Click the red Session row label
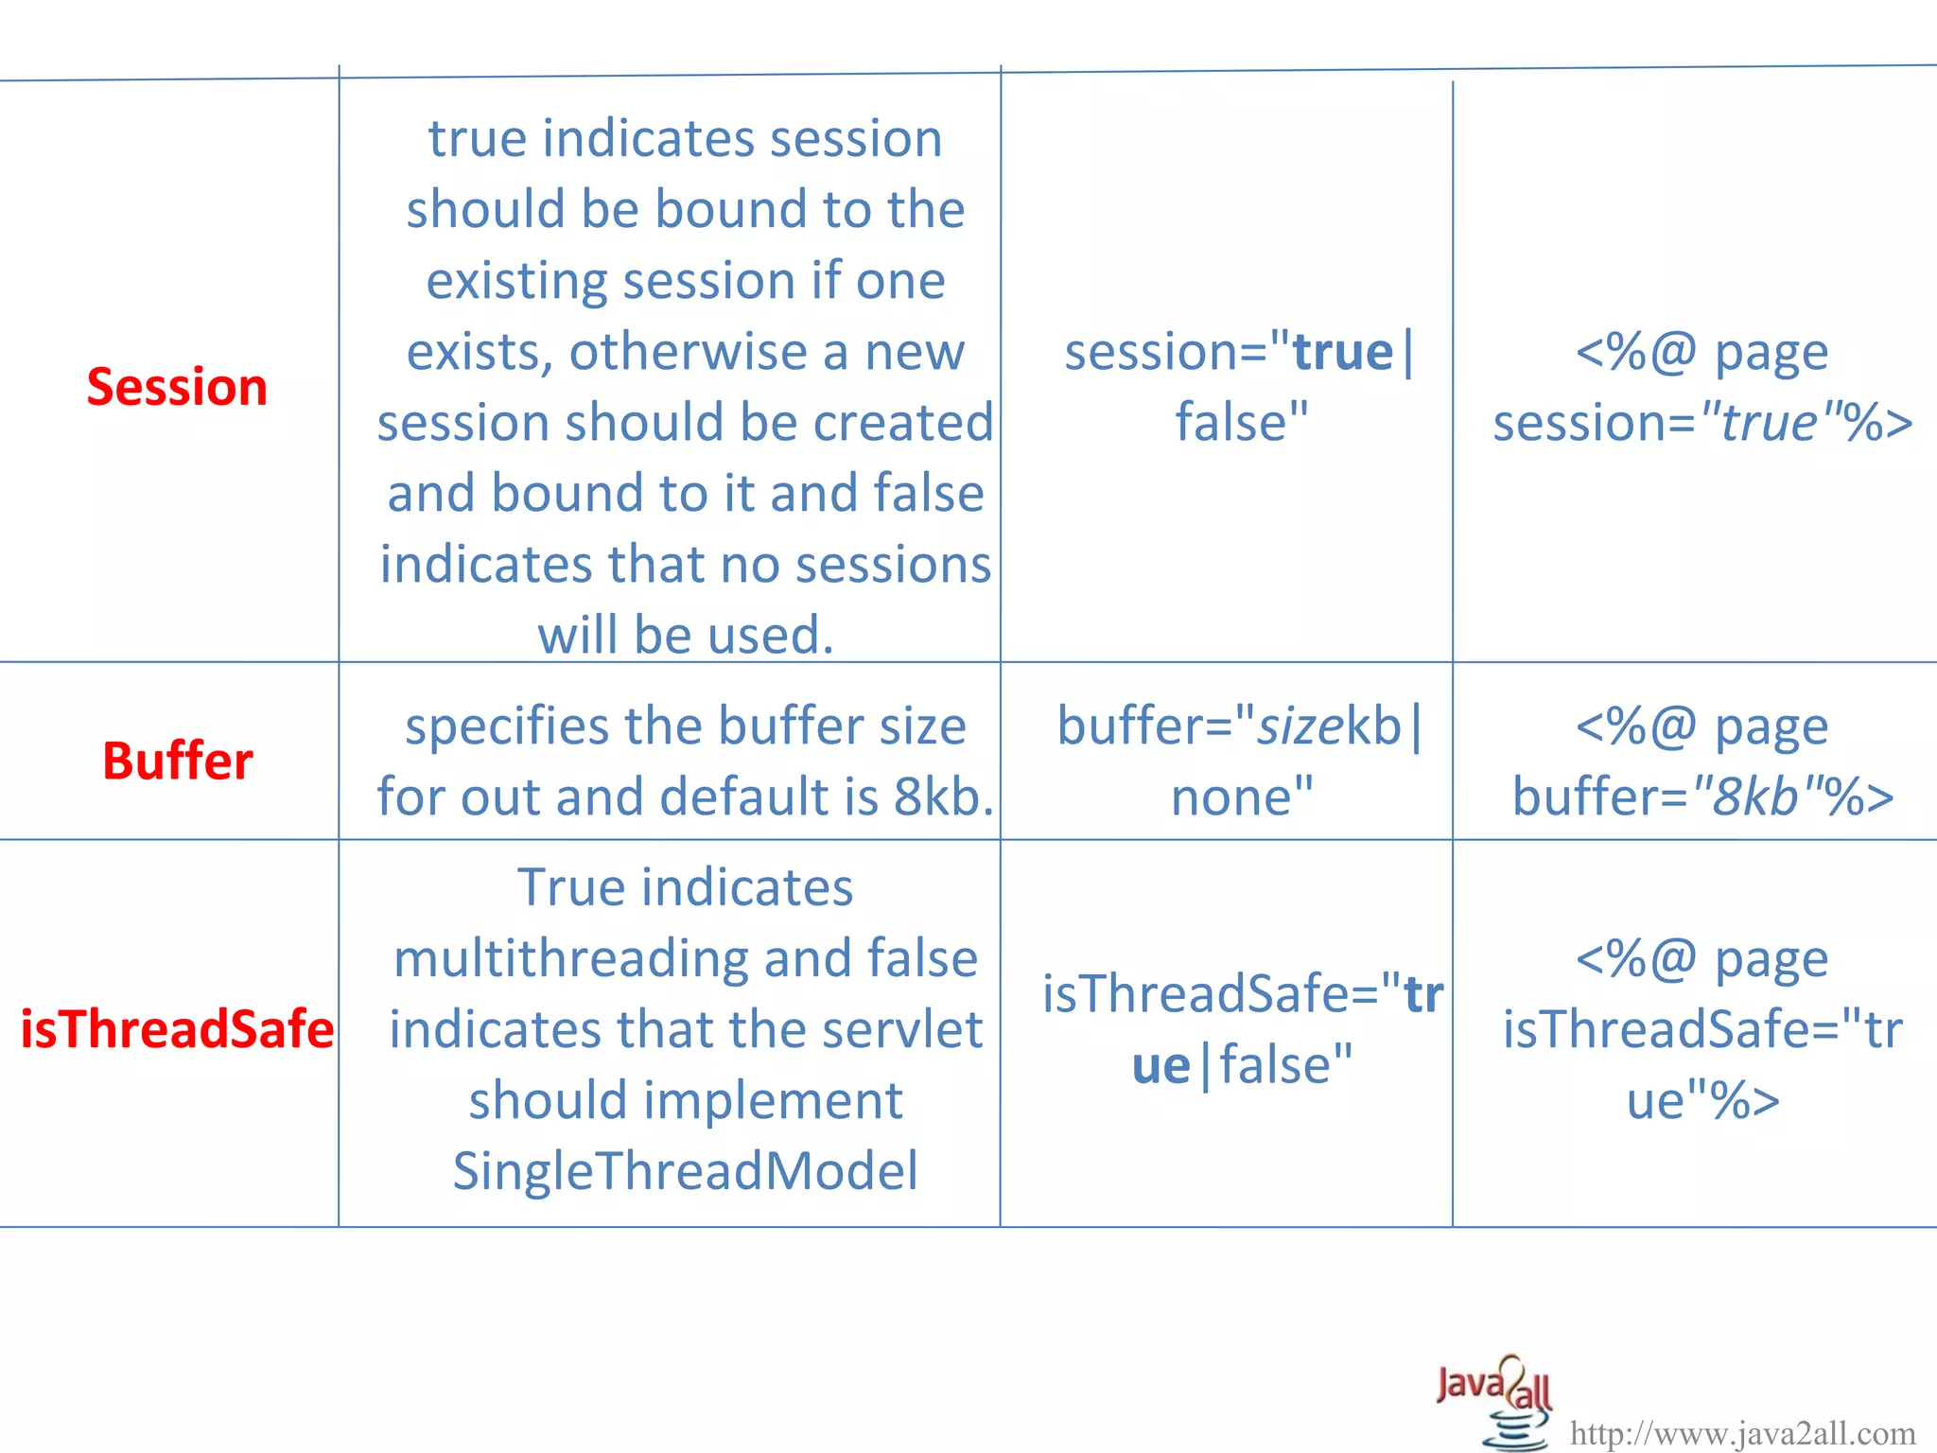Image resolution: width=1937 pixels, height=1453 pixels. point(177,387)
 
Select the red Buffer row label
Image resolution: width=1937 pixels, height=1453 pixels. point(177,761)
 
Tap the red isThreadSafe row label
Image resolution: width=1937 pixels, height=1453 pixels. point(177,1029)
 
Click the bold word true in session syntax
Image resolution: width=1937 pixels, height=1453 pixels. point(1343,353)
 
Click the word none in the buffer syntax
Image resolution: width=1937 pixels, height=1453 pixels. point(1230,797)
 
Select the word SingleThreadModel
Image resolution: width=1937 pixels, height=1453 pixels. point(685,1171)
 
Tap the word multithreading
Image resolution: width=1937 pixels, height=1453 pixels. point(570,959)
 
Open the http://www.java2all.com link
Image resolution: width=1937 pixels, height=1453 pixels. point(1742,1434)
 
